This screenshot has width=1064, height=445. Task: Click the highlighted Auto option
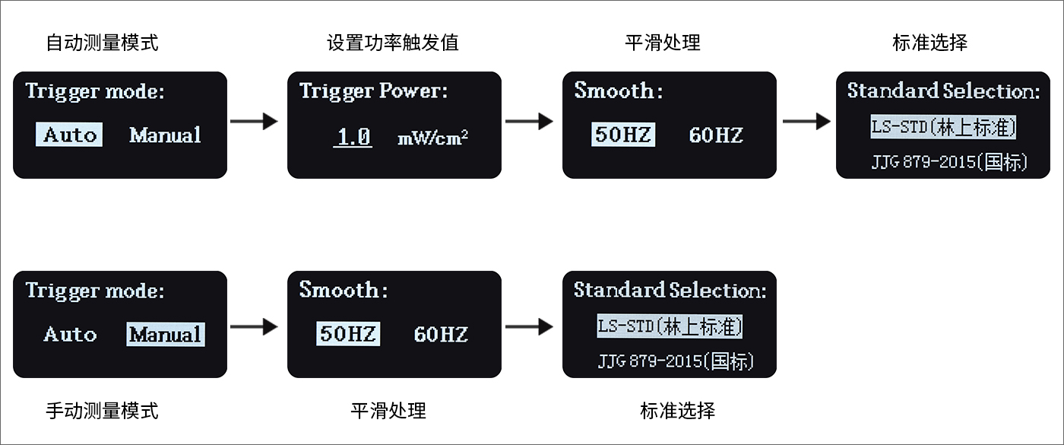(69, 135)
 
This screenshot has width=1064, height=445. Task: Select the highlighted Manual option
(166, 334)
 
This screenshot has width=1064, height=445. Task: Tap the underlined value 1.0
(353, 138)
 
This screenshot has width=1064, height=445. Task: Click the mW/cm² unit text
(432, 138)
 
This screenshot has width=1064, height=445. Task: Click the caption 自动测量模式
(102, 43)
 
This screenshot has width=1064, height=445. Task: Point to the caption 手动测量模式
(102, 411)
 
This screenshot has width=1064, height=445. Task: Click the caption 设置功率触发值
(393, 43)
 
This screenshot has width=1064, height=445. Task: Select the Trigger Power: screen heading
(373, 91)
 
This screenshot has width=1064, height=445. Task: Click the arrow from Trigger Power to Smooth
(529, 121)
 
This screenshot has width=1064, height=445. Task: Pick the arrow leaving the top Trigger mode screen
(254, 121)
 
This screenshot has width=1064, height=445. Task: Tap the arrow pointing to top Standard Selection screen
(806, 121)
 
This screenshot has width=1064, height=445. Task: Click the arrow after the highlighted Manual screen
(254, 326)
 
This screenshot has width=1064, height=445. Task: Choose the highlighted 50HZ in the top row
(623, 135)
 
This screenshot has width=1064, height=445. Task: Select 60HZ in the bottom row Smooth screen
(441, 334)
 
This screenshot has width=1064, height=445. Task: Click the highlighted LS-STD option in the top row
(943, 127)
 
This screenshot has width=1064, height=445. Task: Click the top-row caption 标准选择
(930, 43)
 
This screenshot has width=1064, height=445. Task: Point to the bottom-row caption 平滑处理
(388, 411)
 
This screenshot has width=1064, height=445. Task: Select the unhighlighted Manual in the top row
(166, 135)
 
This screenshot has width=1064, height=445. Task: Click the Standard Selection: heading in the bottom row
(670, 290)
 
